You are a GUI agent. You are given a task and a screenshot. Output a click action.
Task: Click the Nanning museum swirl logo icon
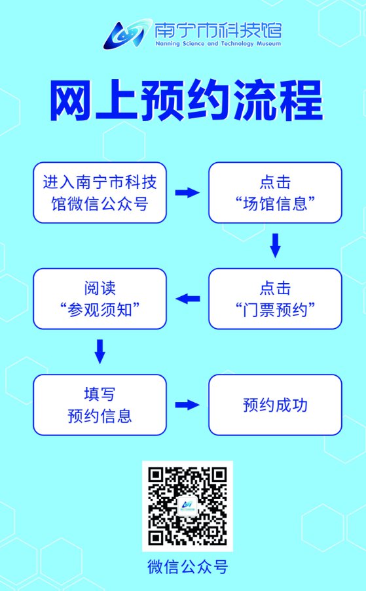pos(126,35)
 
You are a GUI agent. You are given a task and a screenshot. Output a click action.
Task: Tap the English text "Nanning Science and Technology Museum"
pos(218,44)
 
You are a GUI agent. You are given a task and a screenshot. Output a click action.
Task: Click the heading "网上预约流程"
pos(187,101)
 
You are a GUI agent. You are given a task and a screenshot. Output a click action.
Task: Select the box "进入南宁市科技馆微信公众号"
pos(100,193)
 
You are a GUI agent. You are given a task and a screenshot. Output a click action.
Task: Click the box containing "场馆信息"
pos(275,193)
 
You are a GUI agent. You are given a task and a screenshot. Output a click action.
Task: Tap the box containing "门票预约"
pos(275,299)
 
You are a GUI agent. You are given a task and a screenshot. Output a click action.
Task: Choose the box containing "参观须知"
pos(100,299)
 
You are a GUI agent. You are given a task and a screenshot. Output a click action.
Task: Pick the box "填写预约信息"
pos(100,405)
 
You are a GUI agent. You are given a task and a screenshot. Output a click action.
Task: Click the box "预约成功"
pos(275,405)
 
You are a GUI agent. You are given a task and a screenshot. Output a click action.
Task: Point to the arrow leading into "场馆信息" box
pos(187,193)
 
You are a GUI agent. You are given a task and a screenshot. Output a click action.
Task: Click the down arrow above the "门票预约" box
pos(276,246)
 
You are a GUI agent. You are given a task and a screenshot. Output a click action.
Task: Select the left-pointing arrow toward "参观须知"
pos(187,299)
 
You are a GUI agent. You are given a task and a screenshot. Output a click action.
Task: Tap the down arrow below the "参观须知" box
pos(100,352)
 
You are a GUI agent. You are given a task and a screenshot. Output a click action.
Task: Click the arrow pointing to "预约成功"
pos(187,405)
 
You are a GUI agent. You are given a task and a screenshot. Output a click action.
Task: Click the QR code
pos(187,506)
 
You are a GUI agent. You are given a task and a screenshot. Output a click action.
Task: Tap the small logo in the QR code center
pos(187,506)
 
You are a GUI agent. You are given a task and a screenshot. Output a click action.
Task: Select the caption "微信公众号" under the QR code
pos(187,567)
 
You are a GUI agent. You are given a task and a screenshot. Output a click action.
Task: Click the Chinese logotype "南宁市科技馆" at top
pos(218,31)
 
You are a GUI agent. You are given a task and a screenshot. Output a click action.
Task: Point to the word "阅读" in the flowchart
pos(100,288)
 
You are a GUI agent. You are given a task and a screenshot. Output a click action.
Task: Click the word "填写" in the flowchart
pos(100,394)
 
